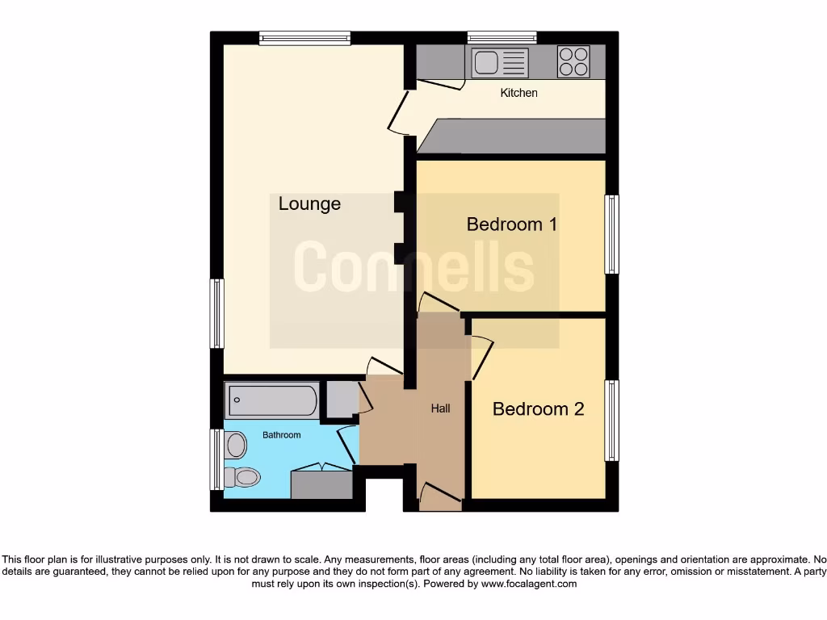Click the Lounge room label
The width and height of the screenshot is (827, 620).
(x=309, y=204)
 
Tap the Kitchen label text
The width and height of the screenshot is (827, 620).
(x=518, y=93)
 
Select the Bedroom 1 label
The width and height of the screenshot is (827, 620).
(x=512, y=224)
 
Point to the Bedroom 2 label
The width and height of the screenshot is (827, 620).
(x=538, y=409)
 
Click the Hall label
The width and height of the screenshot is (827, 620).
(x=440, y=408)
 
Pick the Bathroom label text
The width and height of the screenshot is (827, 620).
(x=281, y=435)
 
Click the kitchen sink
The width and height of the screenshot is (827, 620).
(x=500, y=62)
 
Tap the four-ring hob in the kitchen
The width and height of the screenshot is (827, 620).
(x=573, y=62)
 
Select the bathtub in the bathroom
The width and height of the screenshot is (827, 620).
(x=273, y=399)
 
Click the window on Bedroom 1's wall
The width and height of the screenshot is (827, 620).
(x=612, y=234)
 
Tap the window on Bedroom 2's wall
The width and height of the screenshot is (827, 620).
(x=612, y=421)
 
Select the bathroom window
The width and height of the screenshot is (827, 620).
(x=216, y=459)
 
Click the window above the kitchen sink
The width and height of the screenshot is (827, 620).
(x=502, y=37)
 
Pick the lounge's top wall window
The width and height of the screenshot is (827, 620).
(x=304, y=37)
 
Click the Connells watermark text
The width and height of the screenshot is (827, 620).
(x=413, y=267)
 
